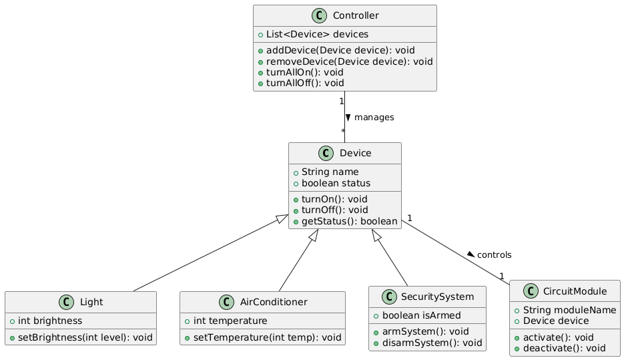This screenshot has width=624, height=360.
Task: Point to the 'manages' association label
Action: (x=374, y=118)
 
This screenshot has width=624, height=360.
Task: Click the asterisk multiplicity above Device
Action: (x=342, y=132)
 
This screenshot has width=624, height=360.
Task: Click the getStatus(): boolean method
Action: (x=348, y=220)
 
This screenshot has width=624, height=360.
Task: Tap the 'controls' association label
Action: (x=495, y=254)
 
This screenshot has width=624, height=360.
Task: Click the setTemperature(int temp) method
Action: (x=266, y=337)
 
